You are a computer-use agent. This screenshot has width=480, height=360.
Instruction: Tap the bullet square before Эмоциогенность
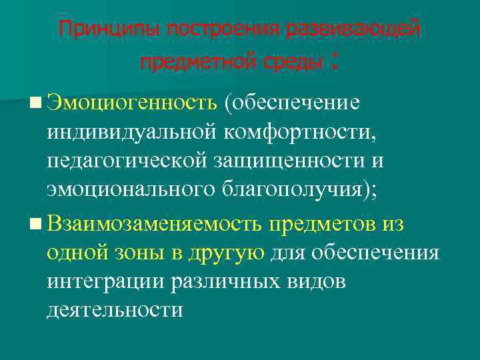coord(35,103)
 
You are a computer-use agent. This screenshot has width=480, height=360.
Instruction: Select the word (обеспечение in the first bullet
coord(293,103)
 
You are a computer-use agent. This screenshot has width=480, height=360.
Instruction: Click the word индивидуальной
coord(131,133)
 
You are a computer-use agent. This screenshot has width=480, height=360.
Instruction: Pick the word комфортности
coord(299,133)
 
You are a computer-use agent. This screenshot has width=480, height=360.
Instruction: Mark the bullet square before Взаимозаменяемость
coord(35,223)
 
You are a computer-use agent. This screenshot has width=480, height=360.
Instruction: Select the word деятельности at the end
coord(115,311)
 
